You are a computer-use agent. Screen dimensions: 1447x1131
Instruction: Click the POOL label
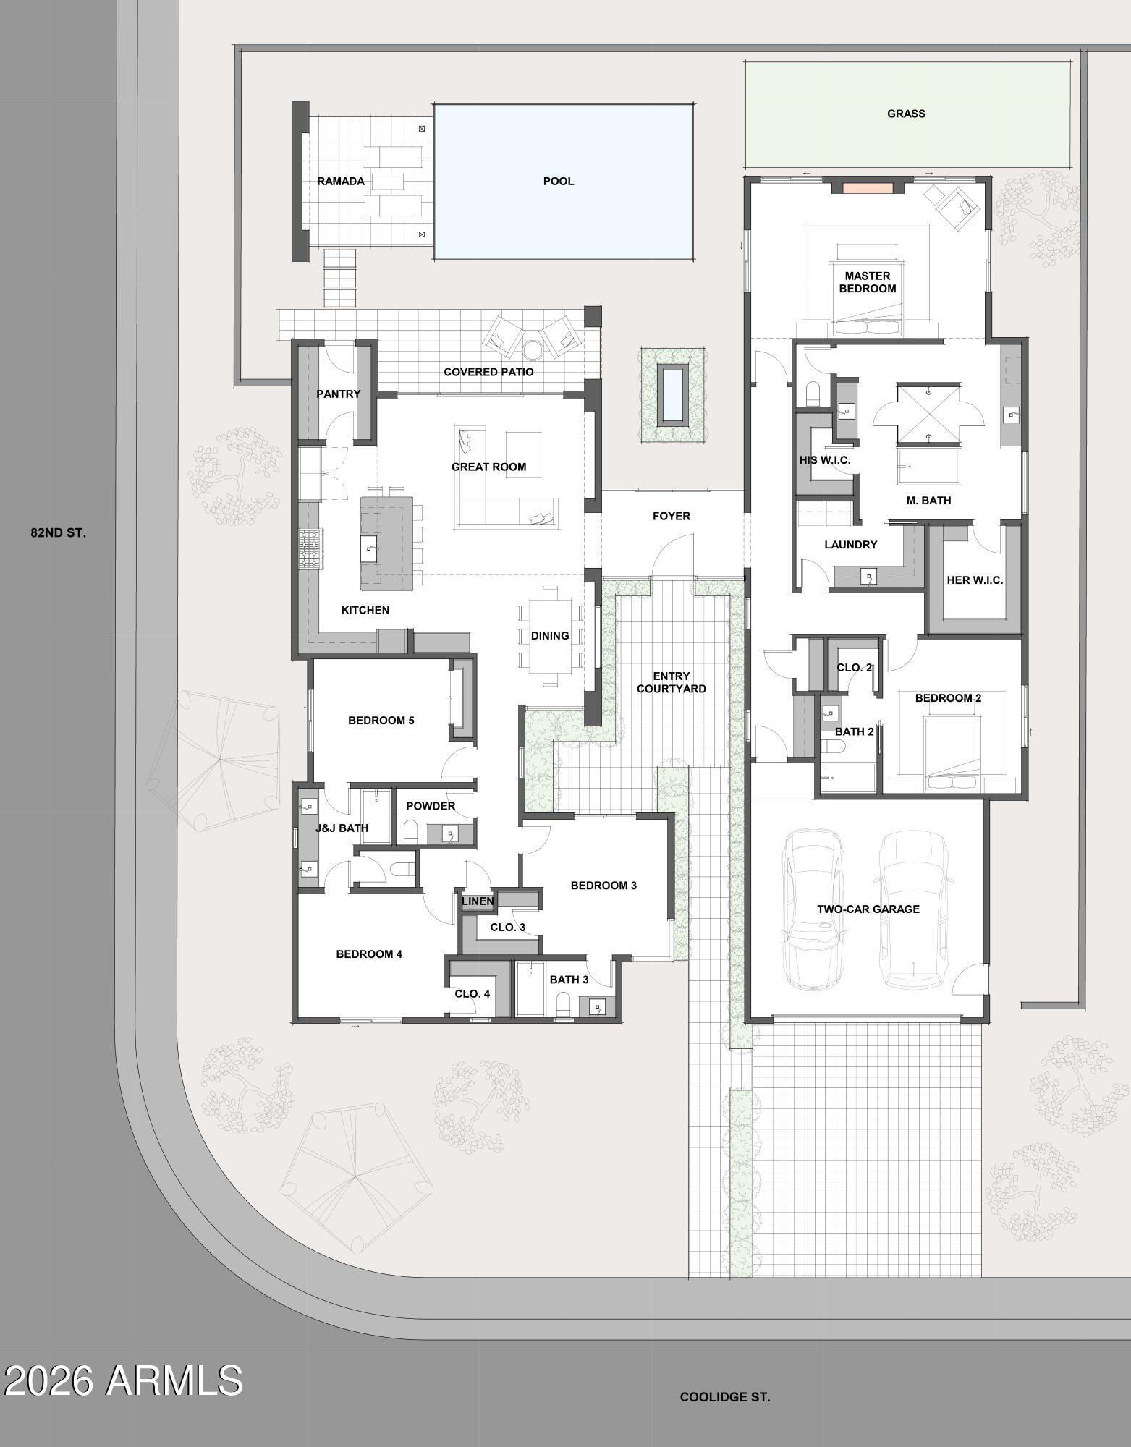[x=558, y=181]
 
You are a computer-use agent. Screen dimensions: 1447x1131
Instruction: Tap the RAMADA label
[x=340, y=181]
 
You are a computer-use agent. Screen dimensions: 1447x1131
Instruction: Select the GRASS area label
[x=906, y=114]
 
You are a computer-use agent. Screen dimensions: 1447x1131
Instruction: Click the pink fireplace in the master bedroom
[x=868, y=187]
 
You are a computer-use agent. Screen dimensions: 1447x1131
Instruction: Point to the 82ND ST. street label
[x=58, y=532]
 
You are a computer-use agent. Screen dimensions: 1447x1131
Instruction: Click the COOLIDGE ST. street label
[x=724, y=1397]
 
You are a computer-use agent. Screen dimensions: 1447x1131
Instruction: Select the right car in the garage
[x=913, y=909]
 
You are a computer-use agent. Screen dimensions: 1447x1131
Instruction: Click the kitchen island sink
[x=371, y=548]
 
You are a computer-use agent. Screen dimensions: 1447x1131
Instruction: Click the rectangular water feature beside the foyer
[x=672, y=394]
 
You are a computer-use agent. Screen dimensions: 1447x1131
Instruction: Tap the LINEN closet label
[x=478, y=901]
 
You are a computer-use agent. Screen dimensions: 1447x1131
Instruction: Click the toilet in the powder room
[x=410, y=833]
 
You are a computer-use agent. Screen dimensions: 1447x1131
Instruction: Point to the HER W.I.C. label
[x=975, y=580]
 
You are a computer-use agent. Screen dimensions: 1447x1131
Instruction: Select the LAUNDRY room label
[x=850, y=545]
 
